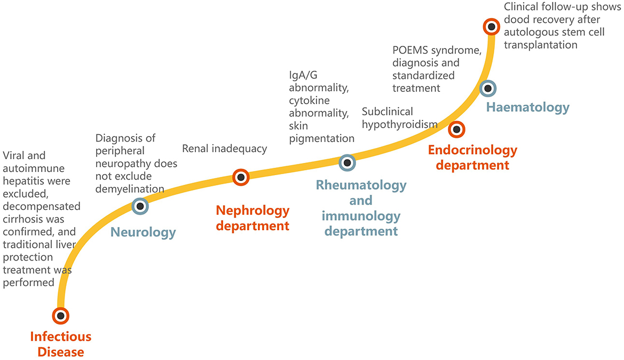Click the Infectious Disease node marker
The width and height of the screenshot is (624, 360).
(x=61, y=315)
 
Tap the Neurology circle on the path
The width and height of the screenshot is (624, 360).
(x=139, y=206)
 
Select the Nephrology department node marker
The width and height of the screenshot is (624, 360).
(x=241, y=177)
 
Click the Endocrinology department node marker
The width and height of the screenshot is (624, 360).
(x=456, y=129)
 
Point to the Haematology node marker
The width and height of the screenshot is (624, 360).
(x=488, y=88)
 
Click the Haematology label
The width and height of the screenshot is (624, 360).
(x=528, y=107)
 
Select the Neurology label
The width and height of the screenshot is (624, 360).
(x=143, y=232)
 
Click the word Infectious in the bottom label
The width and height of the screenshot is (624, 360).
(x=61, y=337)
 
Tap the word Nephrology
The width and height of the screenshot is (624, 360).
(x=252, y=210)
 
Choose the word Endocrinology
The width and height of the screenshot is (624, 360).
(x=472, y=151)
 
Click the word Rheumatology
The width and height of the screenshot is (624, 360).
(x=361, y=185)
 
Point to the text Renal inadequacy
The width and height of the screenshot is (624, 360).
(x=224, y=149)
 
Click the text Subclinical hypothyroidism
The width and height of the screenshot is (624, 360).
(x=399, y=118)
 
